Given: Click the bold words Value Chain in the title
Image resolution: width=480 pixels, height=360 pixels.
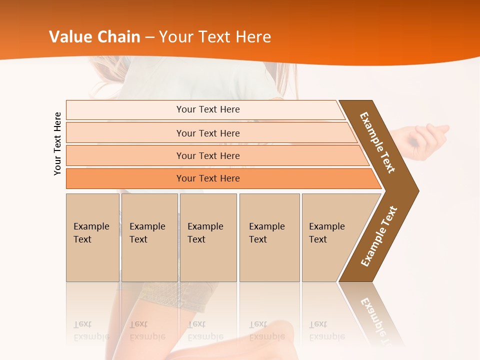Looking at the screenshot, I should (x=94, y=37).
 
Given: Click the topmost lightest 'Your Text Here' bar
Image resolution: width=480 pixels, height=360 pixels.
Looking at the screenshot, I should (x=207, y=109).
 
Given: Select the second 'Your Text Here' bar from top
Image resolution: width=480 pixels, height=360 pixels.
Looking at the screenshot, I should (x=207, y=133).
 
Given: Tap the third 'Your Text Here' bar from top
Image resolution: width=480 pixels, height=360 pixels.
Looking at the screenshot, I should (x=207, y=155).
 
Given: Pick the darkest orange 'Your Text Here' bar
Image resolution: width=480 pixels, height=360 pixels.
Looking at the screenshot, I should (x=207, y=178).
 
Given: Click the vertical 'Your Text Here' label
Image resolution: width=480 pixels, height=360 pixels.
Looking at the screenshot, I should (x=57, y=143).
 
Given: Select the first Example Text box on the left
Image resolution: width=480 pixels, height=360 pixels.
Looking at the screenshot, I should (x=92, y=237).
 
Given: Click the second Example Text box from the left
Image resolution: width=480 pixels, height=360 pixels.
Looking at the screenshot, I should (x=149, y=237).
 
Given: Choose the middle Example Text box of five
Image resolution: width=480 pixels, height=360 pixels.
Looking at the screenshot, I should (x=208, y=237).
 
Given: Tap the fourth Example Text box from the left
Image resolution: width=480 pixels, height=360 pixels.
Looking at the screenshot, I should (x=269, y=237).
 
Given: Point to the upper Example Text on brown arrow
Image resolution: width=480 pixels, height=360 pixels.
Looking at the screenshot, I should (x=378, y=142).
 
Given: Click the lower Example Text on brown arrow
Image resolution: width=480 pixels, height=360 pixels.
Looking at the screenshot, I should (x=379, y=236).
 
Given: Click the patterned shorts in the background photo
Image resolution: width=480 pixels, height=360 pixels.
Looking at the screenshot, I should (x=175, y=295).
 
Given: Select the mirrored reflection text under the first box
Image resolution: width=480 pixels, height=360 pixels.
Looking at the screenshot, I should (x=91, y=330).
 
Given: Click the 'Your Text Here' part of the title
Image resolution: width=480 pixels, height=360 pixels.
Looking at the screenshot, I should (x=215, y=37).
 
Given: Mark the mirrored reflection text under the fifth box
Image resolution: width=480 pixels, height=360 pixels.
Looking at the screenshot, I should (x=326, y=330).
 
